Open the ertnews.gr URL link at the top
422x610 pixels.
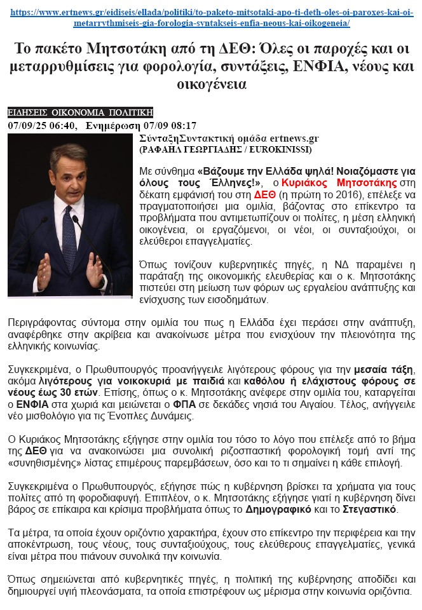[x=210, y=12]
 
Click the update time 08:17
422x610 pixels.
[x=183, y=125]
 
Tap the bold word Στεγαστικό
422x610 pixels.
[x=369, y=510]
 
